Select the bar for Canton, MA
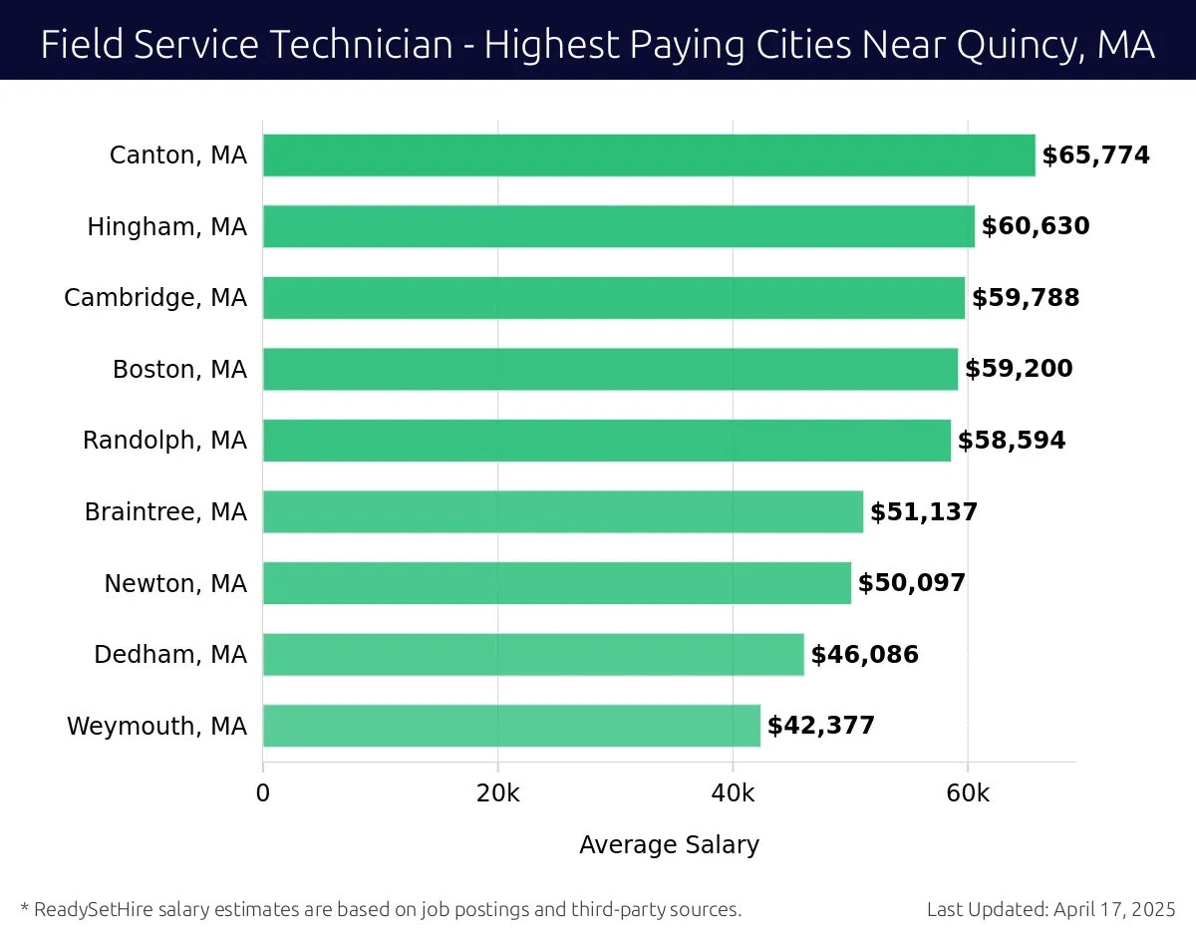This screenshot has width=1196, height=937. click(649, 156)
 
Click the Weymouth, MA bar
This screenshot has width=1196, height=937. click(511, 726)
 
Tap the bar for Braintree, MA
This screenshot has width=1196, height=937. click(563, 511)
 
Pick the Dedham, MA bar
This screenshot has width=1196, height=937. click(533, 655)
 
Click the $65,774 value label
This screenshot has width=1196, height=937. click(1095, 156)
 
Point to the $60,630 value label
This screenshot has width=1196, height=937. click(1036, 226)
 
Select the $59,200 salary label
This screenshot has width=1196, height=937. click(1019, 369)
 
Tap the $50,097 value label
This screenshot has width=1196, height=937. click(912, 583)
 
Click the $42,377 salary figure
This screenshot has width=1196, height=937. click(820, 726)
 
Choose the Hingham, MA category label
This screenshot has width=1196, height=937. click(166, 227)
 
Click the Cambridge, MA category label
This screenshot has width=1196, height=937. click(155, 298)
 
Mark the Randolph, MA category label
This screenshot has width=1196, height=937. click(164, 441)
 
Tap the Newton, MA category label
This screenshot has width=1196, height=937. click(175, 583)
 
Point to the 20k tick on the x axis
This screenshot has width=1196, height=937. click(497, 793)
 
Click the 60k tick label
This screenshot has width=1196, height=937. click(968, 793)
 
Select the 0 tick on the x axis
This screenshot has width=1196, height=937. click(263, 793)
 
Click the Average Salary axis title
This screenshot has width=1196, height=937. click(669, 845)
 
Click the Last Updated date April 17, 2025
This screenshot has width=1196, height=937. click(1112, 909)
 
